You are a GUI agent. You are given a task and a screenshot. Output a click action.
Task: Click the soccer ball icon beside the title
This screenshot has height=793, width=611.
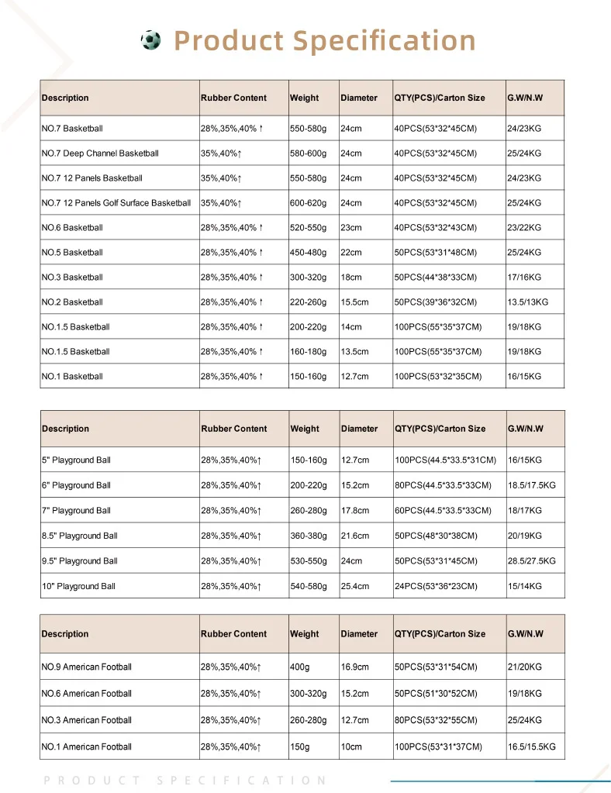(151, 40)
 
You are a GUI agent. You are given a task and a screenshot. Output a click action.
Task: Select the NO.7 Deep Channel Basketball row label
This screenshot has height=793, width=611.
(100, 153)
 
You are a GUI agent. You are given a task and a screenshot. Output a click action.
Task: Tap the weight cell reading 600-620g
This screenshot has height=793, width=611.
(309, 203)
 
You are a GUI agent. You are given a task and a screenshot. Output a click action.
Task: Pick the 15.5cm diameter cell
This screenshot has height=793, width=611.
(355, 302)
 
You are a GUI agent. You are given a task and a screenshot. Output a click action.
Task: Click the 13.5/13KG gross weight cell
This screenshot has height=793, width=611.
(527, 302)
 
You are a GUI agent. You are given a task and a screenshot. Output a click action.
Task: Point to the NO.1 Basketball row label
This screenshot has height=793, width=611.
(72, 377)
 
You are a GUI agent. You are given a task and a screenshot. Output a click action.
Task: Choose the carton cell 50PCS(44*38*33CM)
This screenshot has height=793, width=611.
(436, 278)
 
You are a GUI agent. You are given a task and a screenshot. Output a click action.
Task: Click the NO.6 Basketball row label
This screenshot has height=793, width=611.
(72, 228)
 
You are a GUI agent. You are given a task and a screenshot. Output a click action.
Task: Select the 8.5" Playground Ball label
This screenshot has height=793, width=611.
(80, 536)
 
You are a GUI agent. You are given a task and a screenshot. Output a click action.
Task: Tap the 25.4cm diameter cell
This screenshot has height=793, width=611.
(356, 586)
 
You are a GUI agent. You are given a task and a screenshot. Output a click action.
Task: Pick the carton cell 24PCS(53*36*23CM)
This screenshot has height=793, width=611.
(436, 586)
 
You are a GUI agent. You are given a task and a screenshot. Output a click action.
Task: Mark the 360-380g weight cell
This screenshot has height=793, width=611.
(309, 536)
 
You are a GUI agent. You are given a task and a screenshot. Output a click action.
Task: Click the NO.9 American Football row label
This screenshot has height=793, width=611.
(87, 667)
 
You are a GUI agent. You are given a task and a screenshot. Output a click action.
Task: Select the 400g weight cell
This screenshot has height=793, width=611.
(300, 667)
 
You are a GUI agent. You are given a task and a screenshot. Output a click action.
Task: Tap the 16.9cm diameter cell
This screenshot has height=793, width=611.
(356, 667)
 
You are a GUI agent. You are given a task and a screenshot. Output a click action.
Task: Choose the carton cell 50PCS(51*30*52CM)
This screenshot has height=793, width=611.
(436, 694)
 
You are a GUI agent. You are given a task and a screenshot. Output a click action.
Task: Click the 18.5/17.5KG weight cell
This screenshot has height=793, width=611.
(532, 485)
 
